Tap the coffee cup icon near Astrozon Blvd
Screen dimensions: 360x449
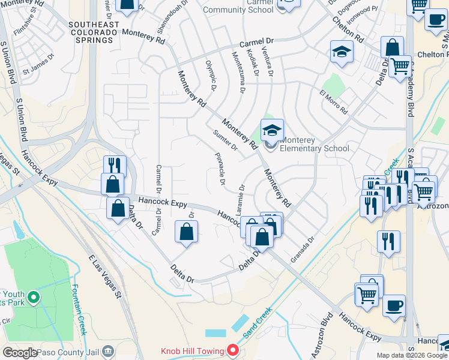[x=394, y=305]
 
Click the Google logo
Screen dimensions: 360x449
[x=20, y=353]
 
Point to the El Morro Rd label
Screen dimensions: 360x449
[x=334, y=103]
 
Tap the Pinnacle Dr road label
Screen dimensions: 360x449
[x=220, y=168]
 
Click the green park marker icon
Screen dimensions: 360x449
[x=33, y=297]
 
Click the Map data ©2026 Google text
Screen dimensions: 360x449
[x=412, y=355]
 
